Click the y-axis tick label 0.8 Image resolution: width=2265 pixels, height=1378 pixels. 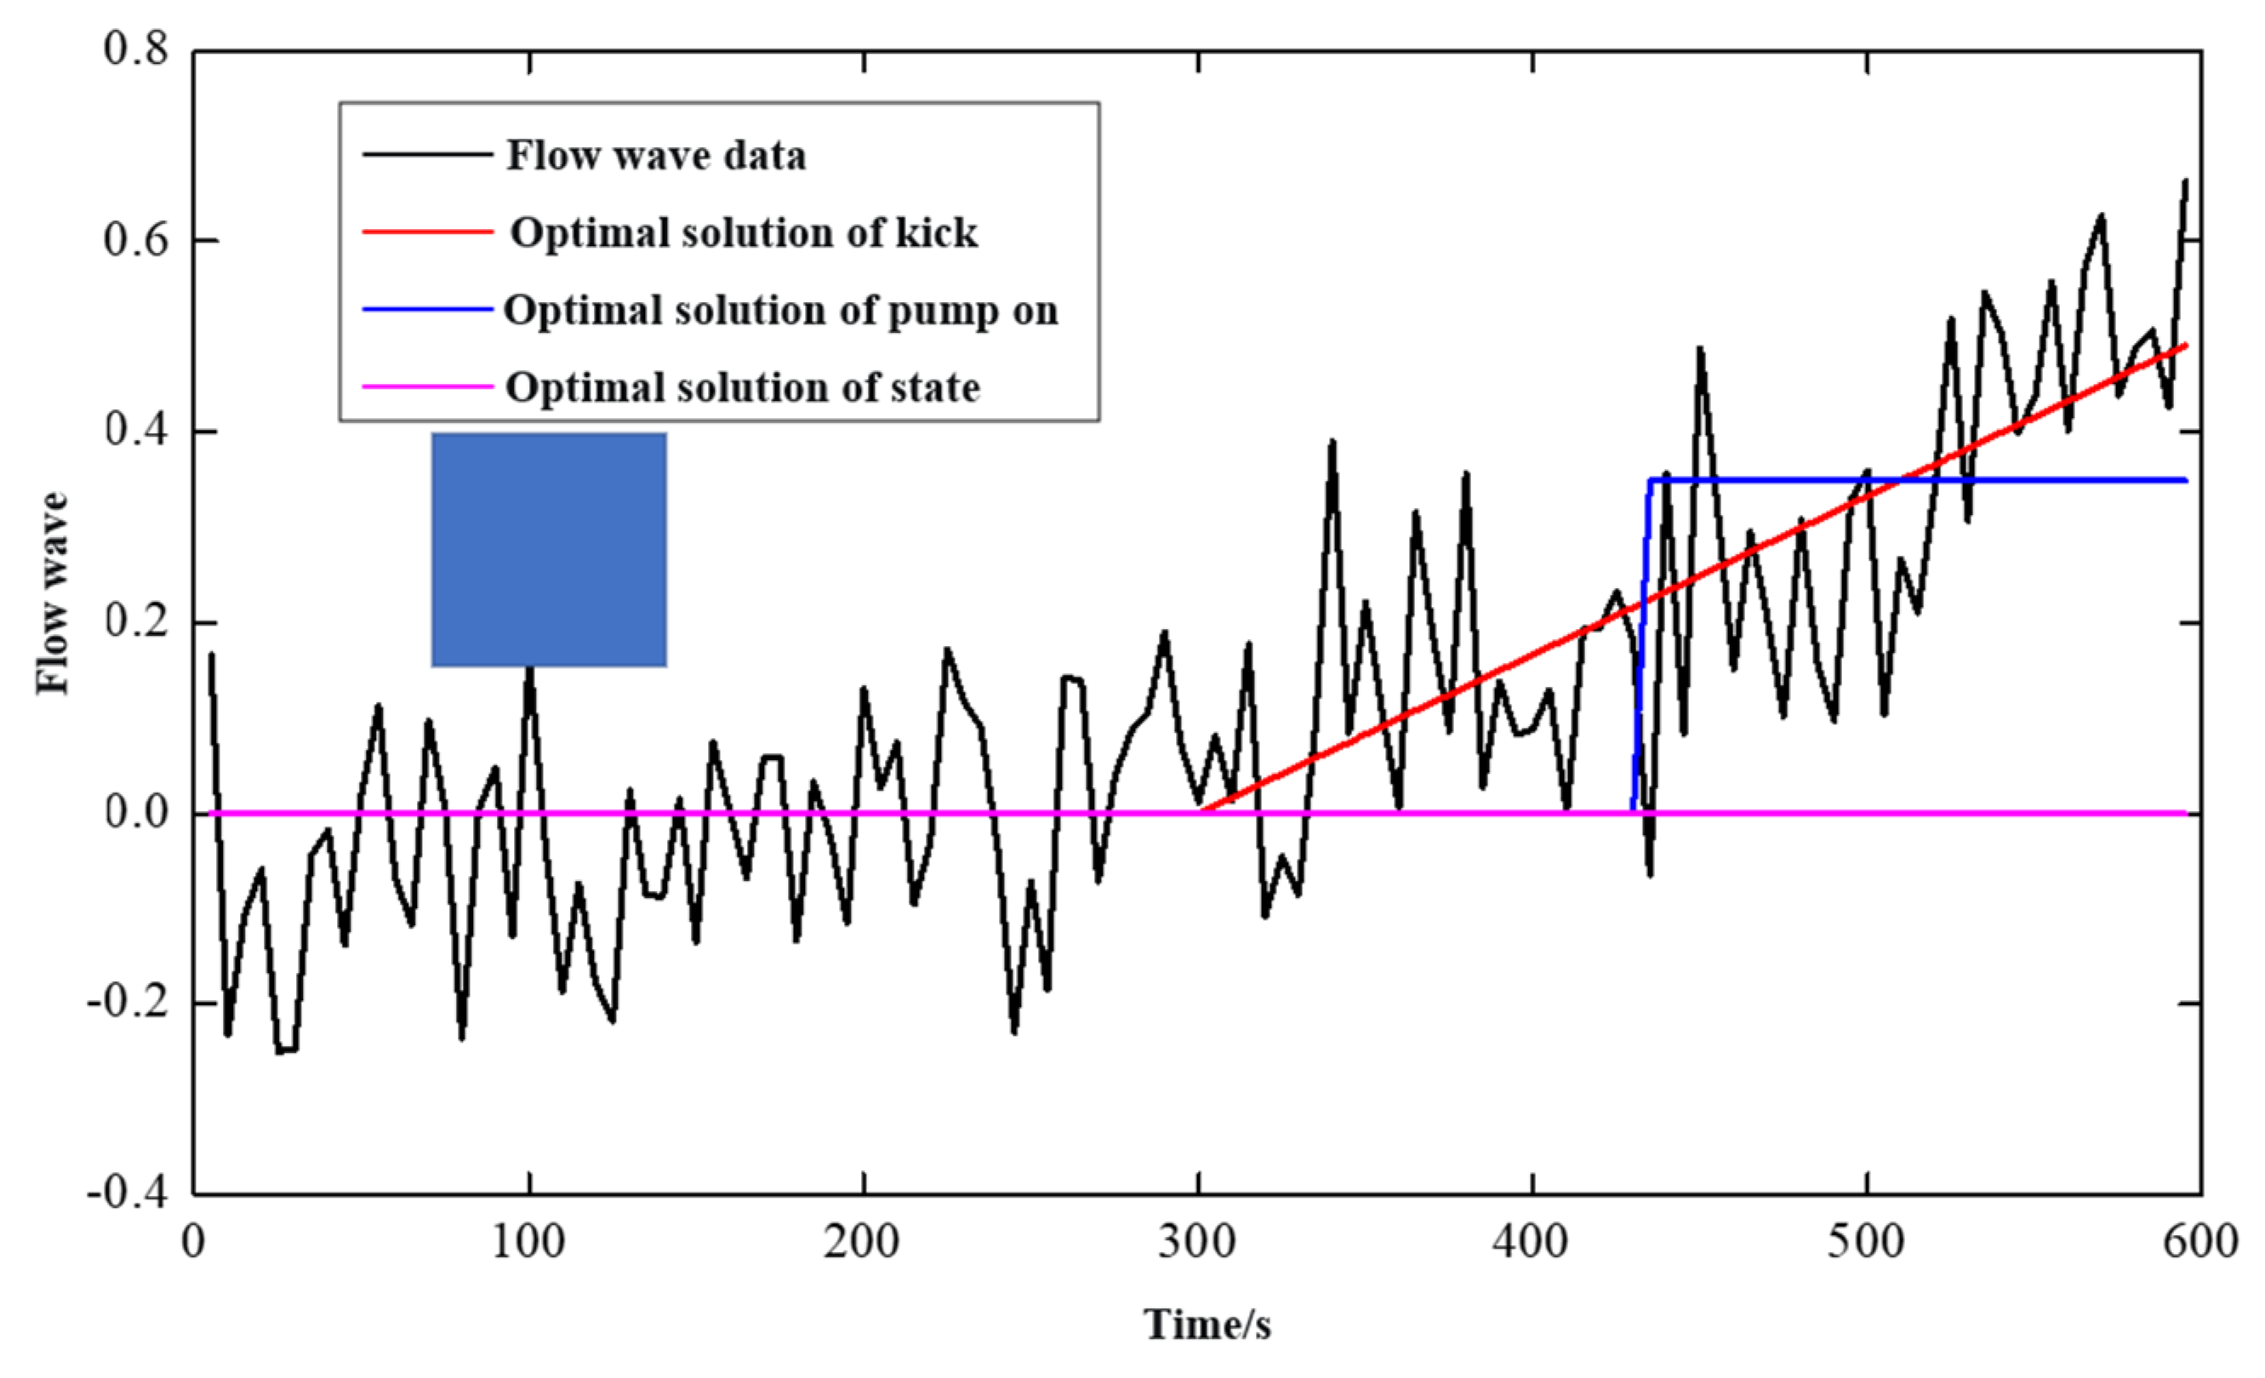136,49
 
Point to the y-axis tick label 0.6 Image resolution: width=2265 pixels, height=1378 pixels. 136,240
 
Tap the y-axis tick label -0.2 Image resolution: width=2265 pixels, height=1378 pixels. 128,1002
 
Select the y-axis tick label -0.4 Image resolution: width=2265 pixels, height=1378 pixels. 128,1193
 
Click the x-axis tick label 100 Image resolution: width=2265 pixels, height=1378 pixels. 528,1242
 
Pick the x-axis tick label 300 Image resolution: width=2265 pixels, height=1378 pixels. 1197,1242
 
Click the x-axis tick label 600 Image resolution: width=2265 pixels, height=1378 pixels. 2199,1242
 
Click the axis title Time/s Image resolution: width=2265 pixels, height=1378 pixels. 1207,1324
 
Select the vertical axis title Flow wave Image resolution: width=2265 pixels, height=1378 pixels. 53,594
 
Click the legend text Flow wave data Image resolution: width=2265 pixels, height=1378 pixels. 655,156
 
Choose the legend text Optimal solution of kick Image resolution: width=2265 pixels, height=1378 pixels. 744,232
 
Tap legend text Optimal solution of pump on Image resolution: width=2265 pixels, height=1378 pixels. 780,311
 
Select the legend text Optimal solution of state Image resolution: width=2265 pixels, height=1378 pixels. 743,387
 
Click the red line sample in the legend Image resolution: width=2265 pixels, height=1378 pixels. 427,232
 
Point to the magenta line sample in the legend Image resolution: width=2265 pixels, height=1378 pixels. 427,386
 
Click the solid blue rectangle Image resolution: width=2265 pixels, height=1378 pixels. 549,549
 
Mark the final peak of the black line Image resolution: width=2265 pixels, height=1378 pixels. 2185,180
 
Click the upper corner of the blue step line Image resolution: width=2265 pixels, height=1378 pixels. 1651,480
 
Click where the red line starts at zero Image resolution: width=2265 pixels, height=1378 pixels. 1202,811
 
